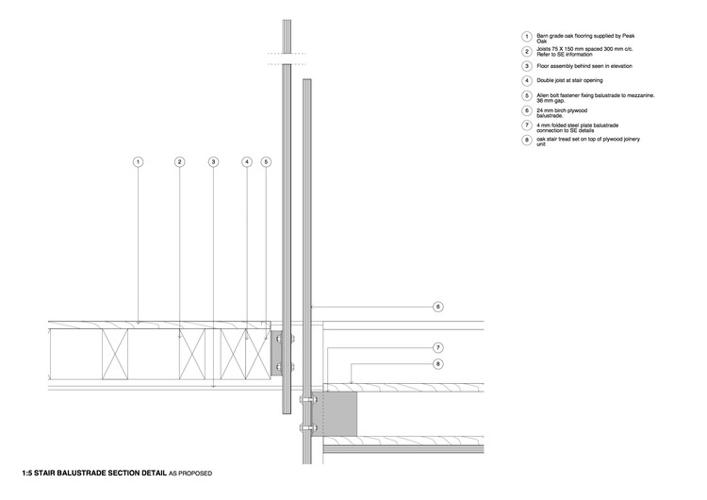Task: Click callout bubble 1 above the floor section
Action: click(138, 162)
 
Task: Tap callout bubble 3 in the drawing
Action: click(214, 162)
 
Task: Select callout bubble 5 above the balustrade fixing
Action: click(266, 162)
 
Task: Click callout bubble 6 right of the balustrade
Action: click(437, 307)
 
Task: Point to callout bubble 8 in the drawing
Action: click(437, 364)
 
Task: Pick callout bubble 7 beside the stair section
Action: click(437, 347)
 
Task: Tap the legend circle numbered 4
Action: click(527, 80)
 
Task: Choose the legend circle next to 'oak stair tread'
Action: click(527, 140)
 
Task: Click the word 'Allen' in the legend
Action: click(543, 94)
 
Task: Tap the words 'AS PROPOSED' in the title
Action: click(193, 471)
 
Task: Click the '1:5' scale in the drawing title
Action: click(29, 471)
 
